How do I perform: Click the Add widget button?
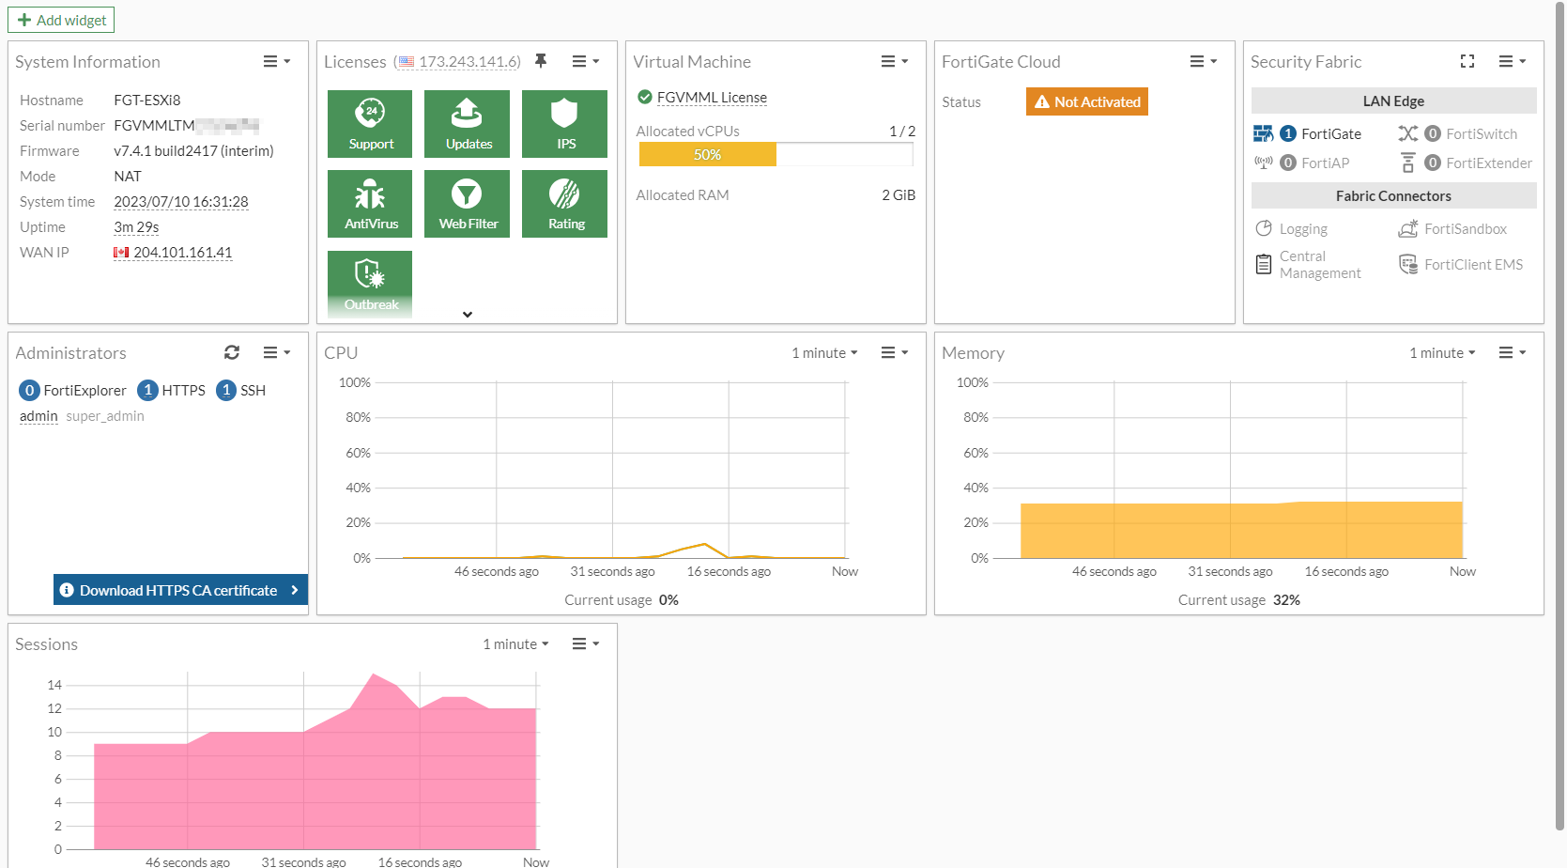click(61, 20)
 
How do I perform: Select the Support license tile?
click(370, 123)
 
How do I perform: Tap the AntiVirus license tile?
click(370, 204)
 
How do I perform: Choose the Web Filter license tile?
click(467, 204)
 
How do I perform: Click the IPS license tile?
click(564, 123)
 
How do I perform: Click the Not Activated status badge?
click(1087, 101)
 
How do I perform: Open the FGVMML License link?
click(712, 98)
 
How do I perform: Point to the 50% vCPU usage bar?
click(708, 155)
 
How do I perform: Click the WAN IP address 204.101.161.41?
click(182, 253)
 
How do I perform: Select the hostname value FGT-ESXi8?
click(147, 101)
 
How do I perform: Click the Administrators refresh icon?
click(232, 352)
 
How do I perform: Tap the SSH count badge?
click(226, 390)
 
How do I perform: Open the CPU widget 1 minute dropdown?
click(824, 353)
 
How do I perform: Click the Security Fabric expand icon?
click(1467, 61)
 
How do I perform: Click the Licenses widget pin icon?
click(541, 61)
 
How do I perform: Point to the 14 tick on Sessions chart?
click(54, 685)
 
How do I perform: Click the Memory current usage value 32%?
click(1286, 600)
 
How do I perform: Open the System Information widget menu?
click(276, 62)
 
